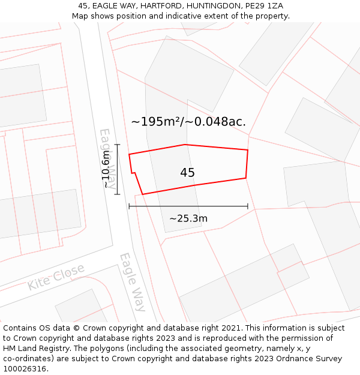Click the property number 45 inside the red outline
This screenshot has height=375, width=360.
pos(187,173)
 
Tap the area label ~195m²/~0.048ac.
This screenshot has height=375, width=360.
pos(188,122)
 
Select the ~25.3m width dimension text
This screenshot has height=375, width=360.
pos(188,218)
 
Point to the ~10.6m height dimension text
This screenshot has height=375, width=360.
pos(107,170)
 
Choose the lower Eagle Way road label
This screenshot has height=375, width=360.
pos(133,282)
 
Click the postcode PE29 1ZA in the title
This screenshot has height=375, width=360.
pos(263,6)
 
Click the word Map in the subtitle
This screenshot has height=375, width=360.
pos(80,16)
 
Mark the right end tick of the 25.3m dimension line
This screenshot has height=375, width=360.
pos(248,206)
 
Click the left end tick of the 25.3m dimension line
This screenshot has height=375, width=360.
pos(129,206)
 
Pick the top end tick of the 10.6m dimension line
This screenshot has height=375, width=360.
pos(118,145)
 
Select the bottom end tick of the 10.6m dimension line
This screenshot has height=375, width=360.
pos(118,194)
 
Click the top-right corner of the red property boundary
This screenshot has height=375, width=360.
pos(248,150)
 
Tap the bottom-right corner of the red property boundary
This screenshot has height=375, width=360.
pos(246,178)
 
